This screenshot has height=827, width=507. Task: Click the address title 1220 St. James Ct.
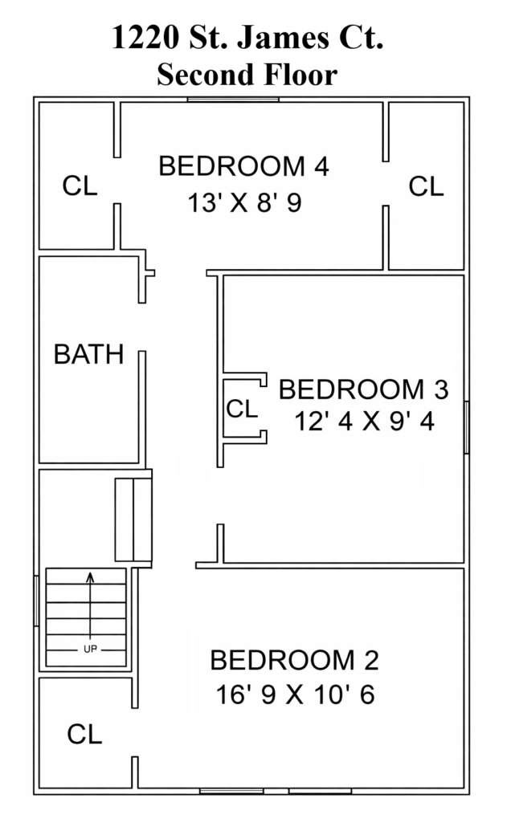click(247, 38)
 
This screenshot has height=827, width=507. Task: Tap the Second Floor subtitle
click(247, 75)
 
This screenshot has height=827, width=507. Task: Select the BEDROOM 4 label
click(243, 166)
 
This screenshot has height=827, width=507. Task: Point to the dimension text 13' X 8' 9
click(245, 202)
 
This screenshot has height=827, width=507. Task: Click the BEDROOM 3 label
click(363, 389)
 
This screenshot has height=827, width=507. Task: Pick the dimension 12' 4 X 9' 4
click(365, 422)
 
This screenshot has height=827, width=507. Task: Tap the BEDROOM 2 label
click(294, 660)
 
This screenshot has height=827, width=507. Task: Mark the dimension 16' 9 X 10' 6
click(296, 694)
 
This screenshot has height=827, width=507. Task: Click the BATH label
click(88, 354)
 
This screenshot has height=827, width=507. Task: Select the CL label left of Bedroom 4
click(80, 185)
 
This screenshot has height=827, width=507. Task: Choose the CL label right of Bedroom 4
click(427, 187)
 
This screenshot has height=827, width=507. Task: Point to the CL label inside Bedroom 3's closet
click(242, 408)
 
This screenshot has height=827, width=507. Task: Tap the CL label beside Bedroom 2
click(84, 734)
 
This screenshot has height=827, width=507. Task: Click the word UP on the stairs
click(90, 649)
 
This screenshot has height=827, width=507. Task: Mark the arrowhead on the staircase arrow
click(90, 576)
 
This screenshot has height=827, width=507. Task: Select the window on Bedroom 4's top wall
click(233, 99)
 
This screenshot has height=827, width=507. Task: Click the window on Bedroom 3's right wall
click(466, 427)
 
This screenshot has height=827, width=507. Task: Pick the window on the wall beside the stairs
click(36, 601)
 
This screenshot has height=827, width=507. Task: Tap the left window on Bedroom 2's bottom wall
click(231, 791)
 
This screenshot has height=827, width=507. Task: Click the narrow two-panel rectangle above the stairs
click(133, 519)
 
